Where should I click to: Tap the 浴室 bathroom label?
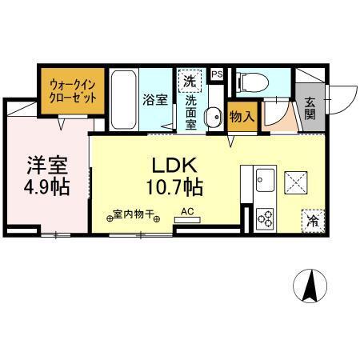pos(155,99)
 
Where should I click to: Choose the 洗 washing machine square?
pos(190,81)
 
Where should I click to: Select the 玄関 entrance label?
pos(310,108)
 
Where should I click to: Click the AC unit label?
pos(187,211)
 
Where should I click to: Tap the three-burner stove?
pos(265,217)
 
